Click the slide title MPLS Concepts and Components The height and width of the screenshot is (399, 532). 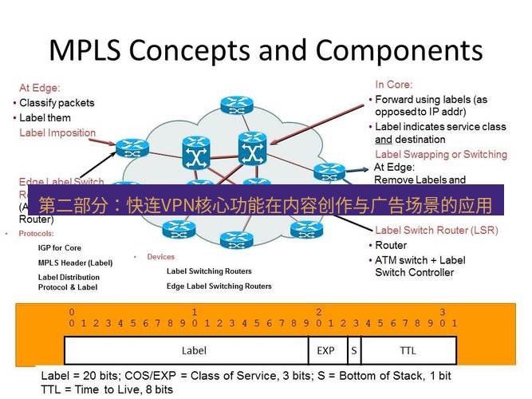pos(266,50)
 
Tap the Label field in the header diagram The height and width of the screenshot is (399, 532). pos(194,350)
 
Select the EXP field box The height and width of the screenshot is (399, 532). pos(326,350)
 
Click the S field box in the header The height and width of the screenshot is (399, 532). pos(353,350)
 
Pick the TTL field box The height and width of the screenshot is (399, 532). pos(408,350)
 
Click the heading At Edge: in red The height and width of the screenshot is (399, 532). pos(40,88)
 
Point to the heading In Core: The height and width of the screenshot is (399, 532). pos(393,85)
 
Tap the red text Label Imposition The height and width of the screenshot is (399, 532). pos(57,132)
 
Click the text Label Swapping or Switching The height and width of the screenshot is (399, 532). pos(440,154)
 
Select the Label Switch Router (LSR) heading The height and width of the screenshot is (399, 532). pos(436,231)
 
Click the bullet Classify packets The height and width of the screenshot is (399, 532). pos(57,103)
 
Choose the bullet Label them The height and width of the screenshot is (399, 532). pos(45,118)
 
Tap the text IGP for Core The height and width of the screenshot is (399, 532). pos(60,248)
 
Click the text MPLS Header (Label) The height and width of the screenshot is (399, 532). pos(75,263)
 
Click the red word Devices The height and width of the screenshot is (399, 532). pos(160,257)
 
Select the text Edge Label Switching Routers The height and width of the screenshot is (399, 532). pos(219,286)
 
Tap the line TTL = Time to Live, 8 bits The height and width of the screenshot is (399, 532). pos(107,389)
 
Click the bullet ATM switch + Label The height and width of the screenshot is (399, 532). pos(420,260)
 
